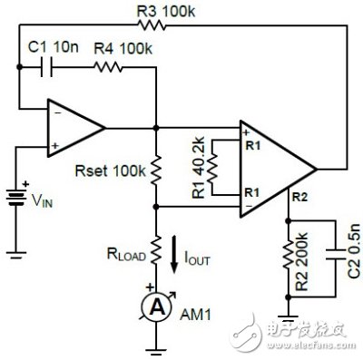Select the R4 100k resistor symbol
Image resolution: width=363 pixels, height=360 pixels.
tap(106, 69)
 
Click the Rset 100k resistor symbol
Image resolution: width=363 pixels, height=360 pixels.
tap(156, 167)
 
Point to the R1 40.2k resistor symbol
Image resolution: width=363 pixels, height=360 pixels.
tap(211, 169)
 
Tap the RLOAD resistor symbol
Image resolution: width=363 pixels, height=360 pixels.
tap(156, 246)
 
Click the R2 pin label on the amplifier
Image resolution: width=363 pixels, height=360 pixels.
tap(300, 194)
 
